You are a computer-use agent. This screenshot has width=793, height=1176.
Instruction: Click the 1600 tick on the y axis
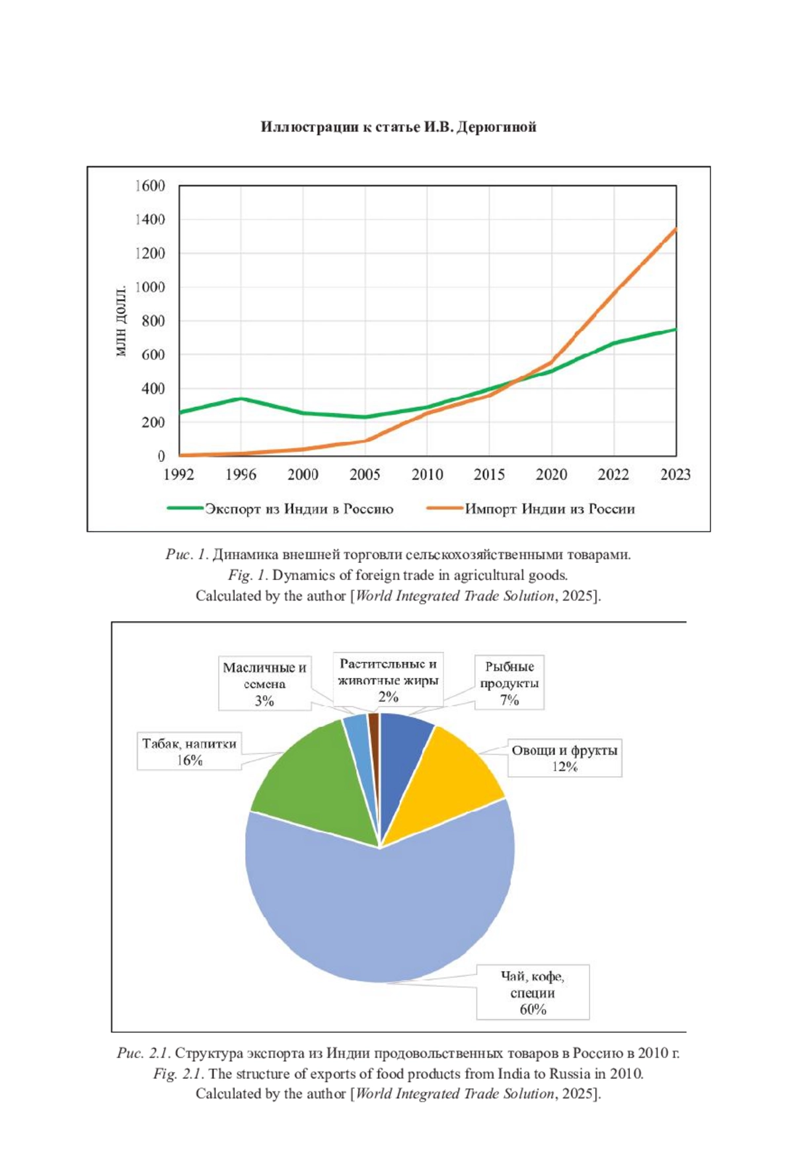(x=150, y=186)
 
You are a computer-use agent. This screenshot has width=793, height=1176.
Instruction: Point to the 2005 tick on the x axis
(x=365, y=474)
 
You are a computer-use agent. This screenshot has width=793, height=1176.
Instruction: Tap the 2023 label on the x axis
(x=675, y=474)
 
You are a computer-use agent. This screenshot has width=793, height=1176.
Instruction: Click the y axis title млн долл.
(x=121, y=321)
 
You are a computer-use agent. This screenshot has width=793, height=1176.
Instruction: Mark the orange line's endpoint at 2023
(x=675, y=229)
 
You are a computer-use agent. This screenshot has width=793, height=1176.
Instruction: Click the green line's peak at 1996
(x=241, y=398)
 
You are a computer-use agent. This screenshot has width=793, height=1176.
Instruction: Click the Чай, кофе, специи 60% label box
(x=533, y=992)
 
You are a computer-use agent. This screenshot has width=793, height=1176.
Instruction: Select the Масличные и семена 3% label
(x=264, y=684)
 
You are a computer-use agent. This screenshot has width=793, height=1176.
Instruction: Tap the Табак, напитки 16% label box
(x=189, y=752)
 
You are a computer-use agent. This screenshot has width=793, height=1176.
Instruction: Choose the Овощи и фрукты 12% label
(x=564, y=758)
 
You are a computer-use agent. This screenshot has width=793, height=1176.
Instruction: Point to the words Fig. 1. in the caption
(x=248, y=575)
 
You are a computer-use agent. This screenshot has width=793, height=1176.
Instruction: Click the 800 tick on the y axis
(x=153, y=321)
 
